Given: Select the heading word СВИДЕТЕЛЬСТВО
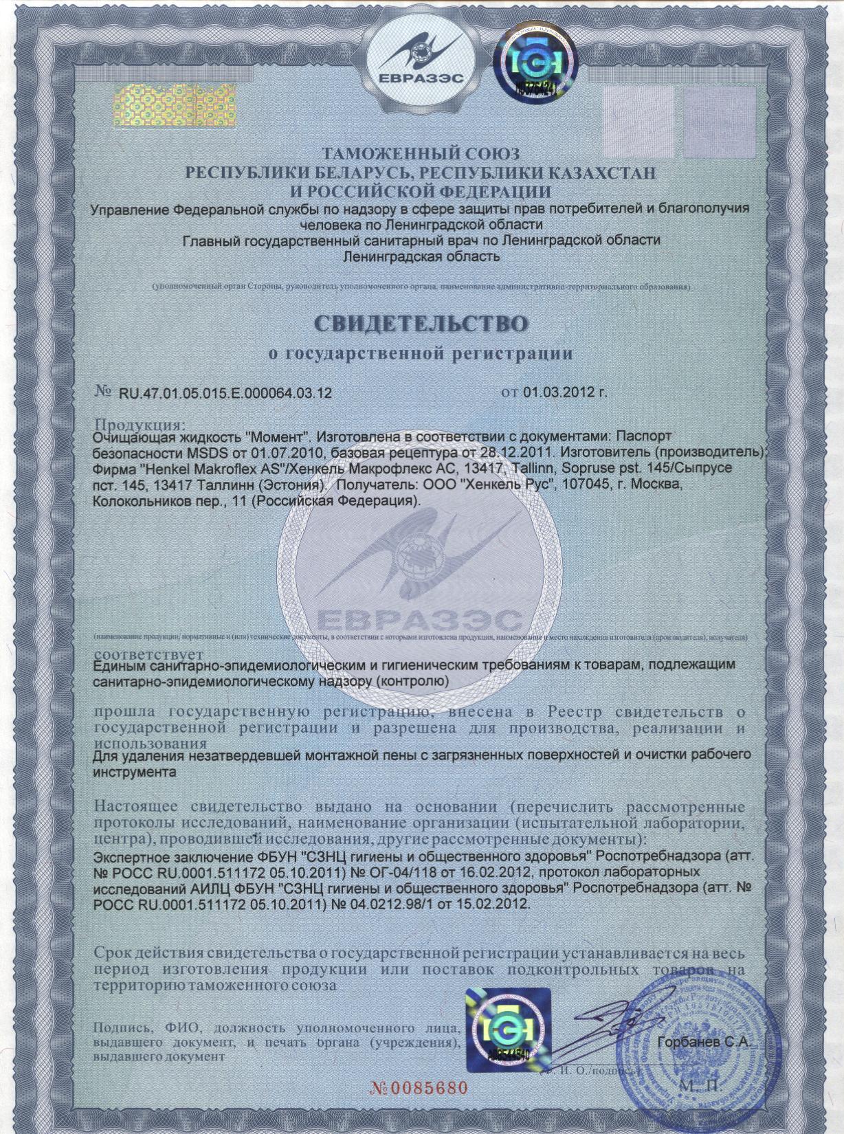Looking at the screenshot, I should pyautogui.click(x=421, y=324).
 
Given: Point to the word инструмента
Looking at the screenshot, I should pyautogui.click(x=134, y=771).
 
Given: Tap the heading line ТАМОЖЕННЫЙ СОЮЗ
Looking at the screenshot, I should pyautogui.click(x=421, y=153).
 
